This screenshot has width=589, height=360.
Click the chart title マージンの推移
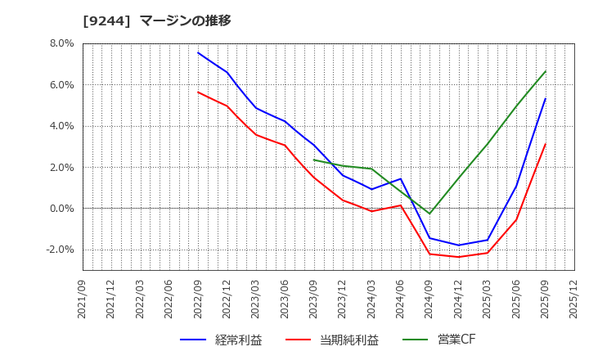coord(185,20)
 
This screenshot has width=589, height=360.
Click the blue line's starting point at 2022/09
coord(198,52)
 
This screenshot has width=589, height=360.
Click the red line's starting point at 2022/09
coord(198,92)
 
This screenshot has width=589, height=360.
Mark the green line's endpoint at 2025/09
coord(546,71)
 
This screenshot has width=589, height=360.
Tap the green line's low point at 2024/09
coord(429,214)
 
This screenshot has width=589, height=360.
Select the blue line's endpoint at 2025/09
coord(546,99)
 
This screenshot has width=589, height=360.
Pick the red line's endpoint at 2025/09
coord(546,144)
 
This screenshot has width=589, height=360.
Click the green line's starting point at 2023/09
coord(314,160)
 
